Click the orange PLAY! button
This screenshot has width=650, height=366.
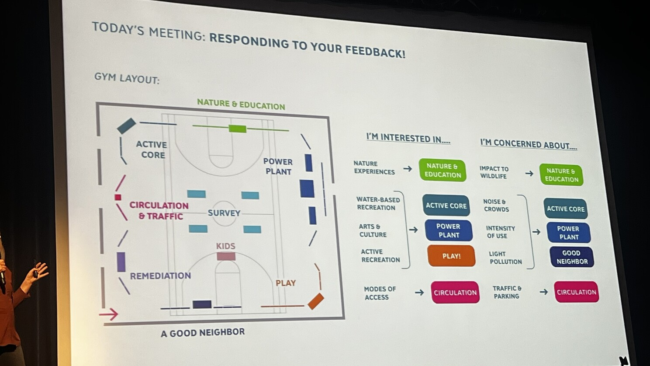[x=451, y=256]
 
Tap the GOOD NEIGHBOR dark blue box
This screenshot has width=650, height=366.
[x=572, y=257]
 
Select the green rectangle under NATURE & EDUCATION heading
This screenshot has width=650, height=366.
[x=237, y=129]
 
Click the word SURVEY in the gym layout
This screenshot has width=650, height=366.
[x=224, y=213]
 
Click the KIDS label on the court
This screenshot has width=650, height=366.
[x=225, y=246]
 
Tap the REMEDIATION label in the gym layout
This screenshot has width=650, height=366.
[x=160, y=275]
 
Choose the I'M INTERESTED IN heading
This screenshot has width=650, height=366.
[x=408, y=138]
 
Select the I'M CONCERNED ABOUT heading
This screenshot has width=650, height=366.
[x=529, y=144]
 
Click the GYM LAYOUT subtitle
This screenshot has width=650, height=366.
[x=127, y=78]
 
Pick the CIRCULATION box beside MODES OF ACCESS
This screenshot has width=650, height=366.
[x=455, y=292]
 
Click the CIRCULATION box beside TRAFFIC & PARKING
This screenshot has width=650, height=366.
[x=576, y=292]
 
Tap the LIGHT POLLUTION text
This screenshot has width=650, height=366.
[x=505, y=258]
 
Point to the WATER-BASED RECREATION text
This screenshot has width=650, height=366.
[x=378, y=204]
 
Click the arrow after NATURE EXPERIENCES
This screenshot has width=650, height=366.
[x=408, y=168]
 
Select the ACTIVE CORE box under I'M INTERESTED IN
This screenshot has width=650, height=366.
[x=446, y=206]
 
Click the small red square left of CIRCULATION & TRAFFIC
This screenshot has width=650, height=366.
[x=118, y=198]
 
